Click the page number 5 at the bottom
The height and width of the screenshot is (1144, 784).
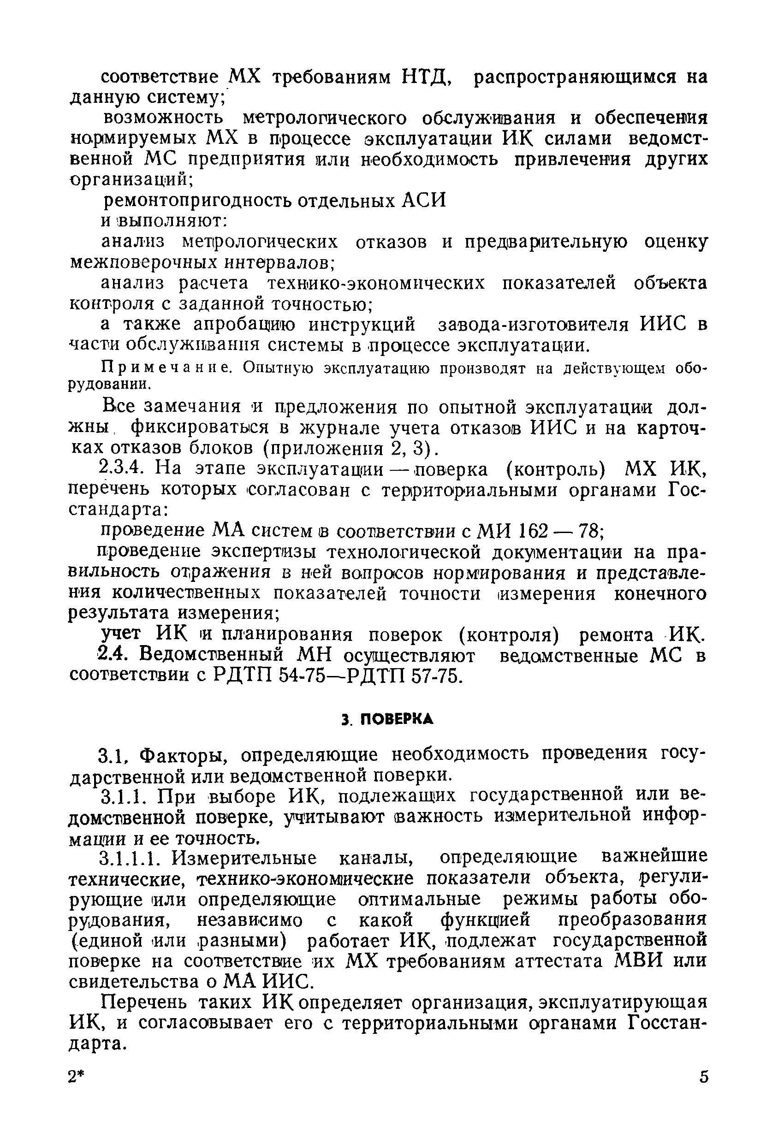coord(704,1077)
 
